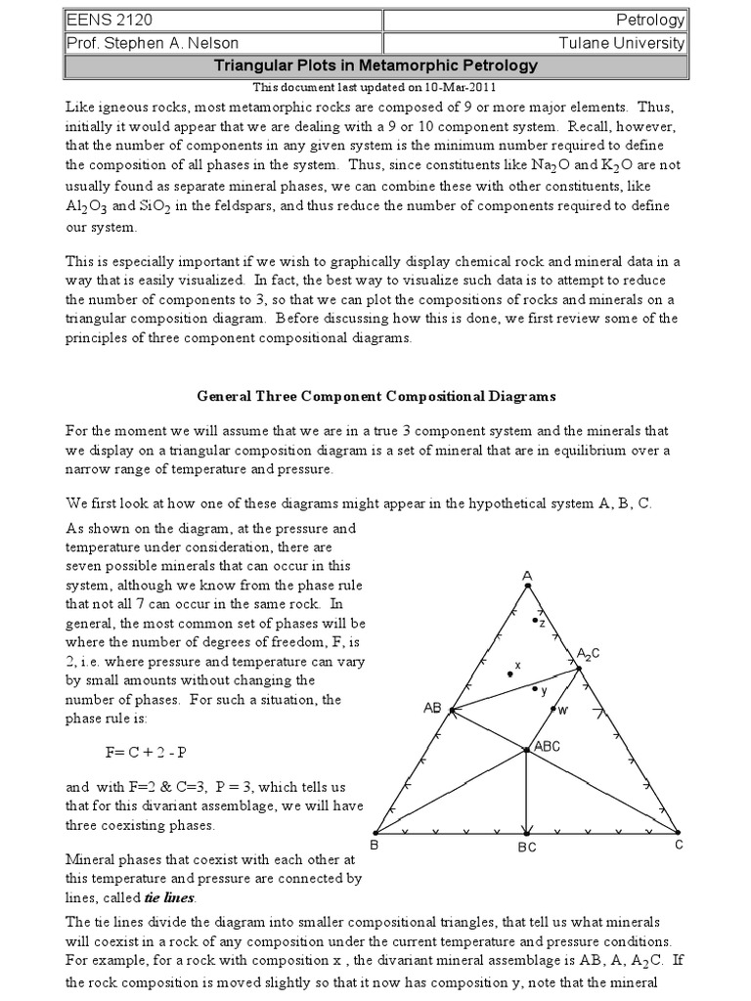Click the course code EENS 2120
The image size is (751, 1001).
(x=99, y=19)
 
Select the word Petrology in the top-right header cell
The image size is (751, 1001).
(x=651, y=20)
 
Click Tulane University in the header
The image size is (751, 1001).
(x=630, y=43)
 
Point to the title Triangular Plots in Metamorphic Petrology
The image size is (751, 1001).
(x=375, y=65)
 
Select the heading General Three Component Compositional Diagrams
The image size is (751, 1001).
(x=376, y=397)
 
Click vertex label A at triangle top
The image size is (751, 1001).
(x=527, y=576)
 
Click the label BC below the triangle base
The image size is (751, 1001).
(x=527, y=849)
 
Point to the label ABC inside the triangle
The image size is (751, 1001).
(x=547, y=745)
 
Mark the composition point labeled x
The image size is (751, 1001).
(x=509, y=673)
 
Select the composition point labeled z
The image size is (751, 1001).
(x=534, y=620)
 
